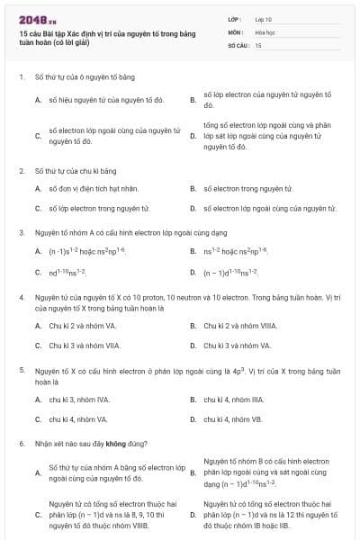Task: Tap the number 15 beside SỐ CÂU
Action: (259, 43)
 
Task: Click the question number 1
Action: (21, 76)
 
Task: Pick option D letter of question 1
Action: (193, 135)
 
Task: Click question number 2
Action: (21, 170)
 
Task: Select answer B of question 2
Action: (193, 189)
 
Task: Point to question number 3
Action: (21, 232)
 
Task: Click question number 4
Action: (21, 296)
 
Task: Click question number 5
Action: (21, 370)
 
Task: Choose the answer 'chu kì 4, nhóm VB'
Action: (232, 418)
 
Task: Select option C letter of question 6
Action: (38, 516)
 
